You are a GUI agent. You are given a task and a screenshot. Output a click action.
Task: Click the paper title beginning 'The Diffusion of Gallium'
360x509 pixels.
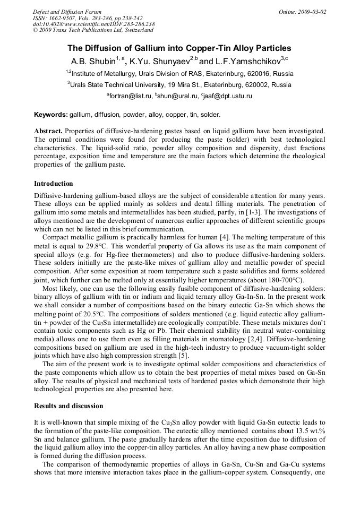(x=179, y=48)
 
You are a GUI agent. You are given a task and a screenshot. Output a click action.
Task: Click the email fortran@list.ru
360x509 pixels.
(x=131, y=96)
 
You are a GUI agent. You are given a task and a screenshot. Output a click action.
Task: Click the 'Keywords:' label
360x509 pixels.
(x=51, y=114)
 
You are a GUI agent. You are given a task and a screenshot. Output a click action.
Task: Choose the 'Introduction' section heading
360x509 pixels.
(x=54, y=184)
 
